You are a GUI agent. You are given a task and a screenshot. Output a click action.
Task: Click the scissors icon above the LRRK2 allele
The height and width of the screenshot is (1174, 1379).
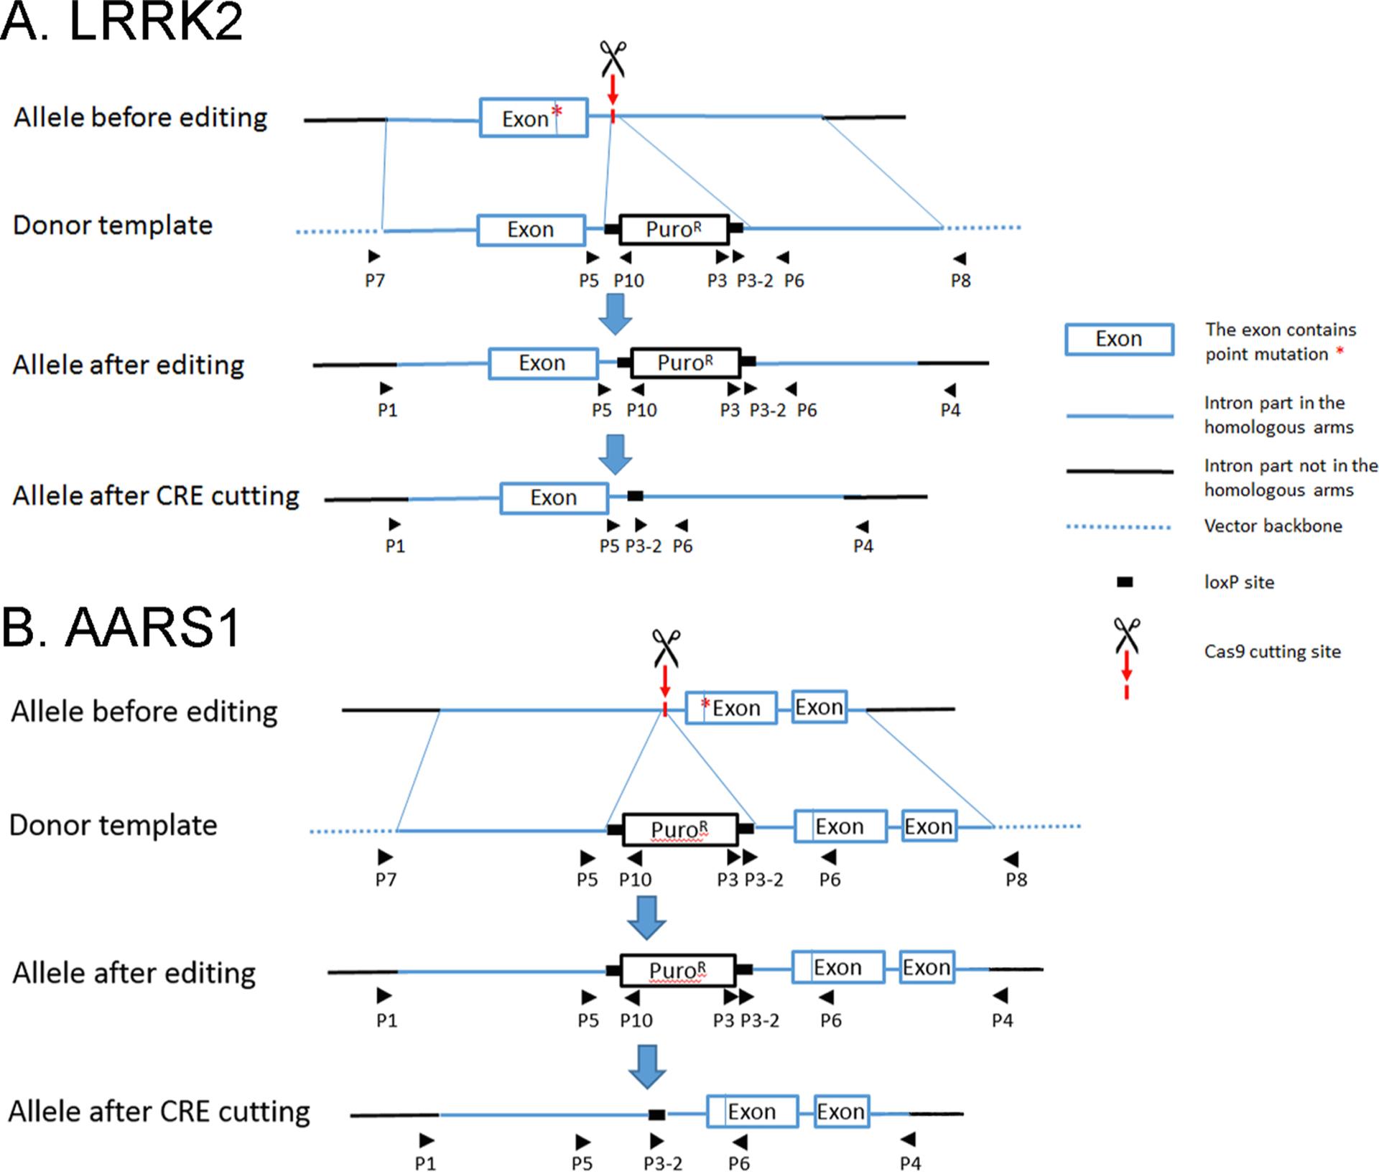point(613,58)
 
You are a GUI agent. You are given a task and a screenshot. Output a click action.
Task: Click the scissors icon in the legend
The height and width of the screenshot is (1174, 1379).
point(1126,635)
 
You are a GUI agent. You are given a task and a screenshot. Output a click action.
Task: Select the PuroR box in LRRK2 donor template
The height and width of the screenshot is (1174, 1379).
point(674,230)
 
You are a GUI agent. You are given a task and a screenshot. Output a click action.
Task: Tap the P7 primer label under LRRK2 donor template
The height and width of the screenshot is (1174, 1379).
point(375,280)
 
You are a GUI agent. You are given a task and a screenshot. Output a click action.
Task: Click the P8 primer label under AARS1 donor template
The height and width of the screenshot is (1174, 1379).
point(1016,880)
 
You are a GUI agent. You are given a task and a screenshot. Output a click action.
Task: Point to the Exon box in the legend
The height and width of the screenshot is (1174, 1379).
point(1119,339)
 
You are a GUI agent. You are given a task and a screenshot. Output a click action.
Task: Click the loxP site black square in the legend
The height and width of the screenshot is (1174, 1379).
point(1125,582)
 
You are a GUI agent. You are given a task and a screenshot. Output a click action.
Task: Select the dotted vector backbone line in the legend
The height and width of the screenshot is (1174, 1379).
point(1119,527)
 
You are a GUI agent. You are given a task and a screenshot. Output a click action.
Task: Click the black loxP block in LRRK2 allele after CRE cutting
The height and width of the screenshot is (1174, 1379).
point(635,496)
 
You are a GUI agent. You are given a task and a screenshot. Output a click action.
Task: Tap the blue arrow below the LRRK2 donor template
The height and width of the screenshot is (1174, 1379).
point(616,314)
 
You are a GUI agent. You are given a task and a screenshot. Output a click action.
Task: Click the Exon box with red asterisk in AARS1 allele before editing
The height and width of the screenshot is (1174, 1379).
point(731,708)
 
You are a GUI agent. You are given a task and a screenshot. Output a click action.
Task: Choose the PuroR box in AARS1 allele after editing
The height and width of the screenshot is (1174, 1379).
point(678,970)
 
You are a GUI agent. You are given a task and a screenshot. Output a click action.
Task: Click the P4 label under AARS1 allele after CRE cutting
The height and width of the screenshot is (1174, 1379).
point(910,1163)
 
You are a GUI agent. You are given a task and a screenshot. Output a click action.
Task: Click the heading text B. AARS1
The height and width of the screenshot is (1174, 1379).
point(121,628)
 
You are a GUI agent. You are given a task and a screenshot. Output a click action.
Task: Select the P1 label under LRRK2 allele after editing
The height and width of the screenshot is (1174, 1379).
point(387,410)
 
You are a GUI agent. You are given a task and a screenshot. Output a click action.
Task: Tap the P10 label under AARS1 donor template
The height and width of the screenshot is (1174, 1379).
point(635,880)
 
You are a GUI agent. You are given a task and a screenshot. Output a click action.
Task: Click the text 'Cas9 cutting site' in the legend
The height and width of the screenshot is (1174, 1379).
point(1272,652)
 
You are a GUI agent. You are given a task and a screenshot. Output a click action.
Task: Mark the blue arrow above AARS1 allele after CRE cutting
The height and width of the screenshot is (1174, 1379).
point(647,1066)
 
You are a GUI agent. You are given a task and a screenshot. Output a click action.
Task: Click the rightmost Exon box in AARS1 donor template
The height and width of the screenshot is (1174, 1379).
point(929,827)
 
